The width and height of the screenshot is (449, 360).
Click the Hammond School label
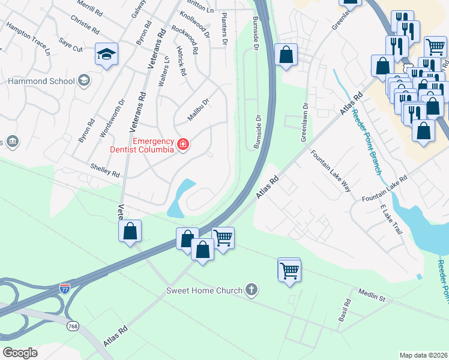pos(41,81)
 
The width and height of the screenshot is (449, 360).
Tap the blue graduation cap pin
pos(107,55)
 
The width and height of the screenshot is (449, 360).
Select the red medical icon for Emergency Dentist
pos(182,145)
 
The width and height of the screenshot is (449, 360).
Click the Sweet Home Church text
pos(205,291)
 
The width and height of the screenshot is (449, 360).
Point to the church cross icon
pos(252,291)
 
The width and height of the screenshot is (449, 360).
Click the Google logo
pos(20,352)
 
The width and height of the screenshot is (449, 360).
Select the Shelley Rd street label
pos(104,173)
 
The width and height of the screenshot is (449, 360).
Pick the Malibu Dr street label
pos(197,110)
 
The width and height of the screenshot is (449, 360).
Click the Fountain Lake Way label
pos(330,170)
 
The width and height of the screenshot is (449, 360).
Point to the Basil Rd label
pos(343,311)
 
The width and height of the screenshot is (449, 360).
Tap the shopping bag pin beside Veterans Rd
pos(130,232)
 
